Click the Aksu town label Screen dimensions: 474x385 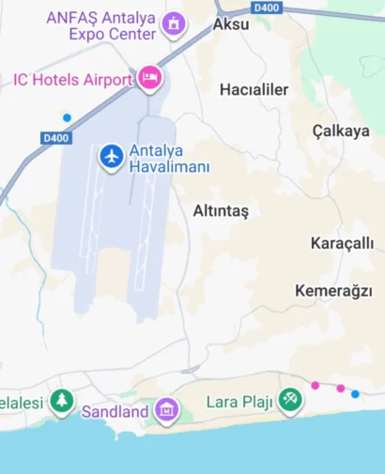pyautogui.click(x=231, y=24)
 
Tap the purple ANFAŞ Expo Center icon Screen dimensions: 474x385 pyautogui.click(x=173, y=24)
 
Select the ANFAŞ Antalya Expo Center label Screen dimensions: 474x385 pyautogui.click(x=100, y=25)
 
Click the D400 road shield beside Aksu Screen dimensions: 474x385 pyautogui.click(x=267, y=8)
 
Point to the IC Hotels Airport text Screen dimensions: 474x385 pyautogui.click(x=72, y=80)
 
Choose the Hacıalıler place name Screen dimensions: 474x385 pyautogui.click(x=254, y=90)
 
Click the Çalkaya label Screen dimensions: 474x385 pyautogui.click(x=341, y=131)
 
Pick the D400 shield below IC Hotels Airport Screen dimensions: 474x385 pyautogui.click(x=56, y=138)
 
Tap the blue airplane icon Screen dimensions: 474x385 pyautogui.click(x=112, y=157)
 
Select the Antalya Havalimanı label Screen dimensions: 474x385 pyautogui.click(x=169, y=159)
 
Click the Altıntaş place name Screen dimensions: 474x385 pyautogui.click(x=221, y=211)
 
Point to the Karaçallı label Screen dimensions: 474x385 pyautogui.click(x=342, y=244)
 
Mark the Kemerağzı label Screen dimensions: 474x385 pyautogui.click(x=333, y=291)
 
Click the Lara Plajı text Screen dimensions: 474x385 pyautogui.click(x=239, y=402)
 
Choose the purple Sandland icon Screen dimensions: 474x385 pyautogui.click(x=166, y=410)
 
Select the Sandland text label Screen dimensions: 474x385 pyautogui.click(x=115, y=411)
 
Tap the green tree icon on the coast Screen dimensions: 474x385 pyautogui.click(x=62, y=401)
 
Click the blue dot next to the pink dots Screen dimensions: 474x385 pyautogui.click(x=355, y=394)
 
